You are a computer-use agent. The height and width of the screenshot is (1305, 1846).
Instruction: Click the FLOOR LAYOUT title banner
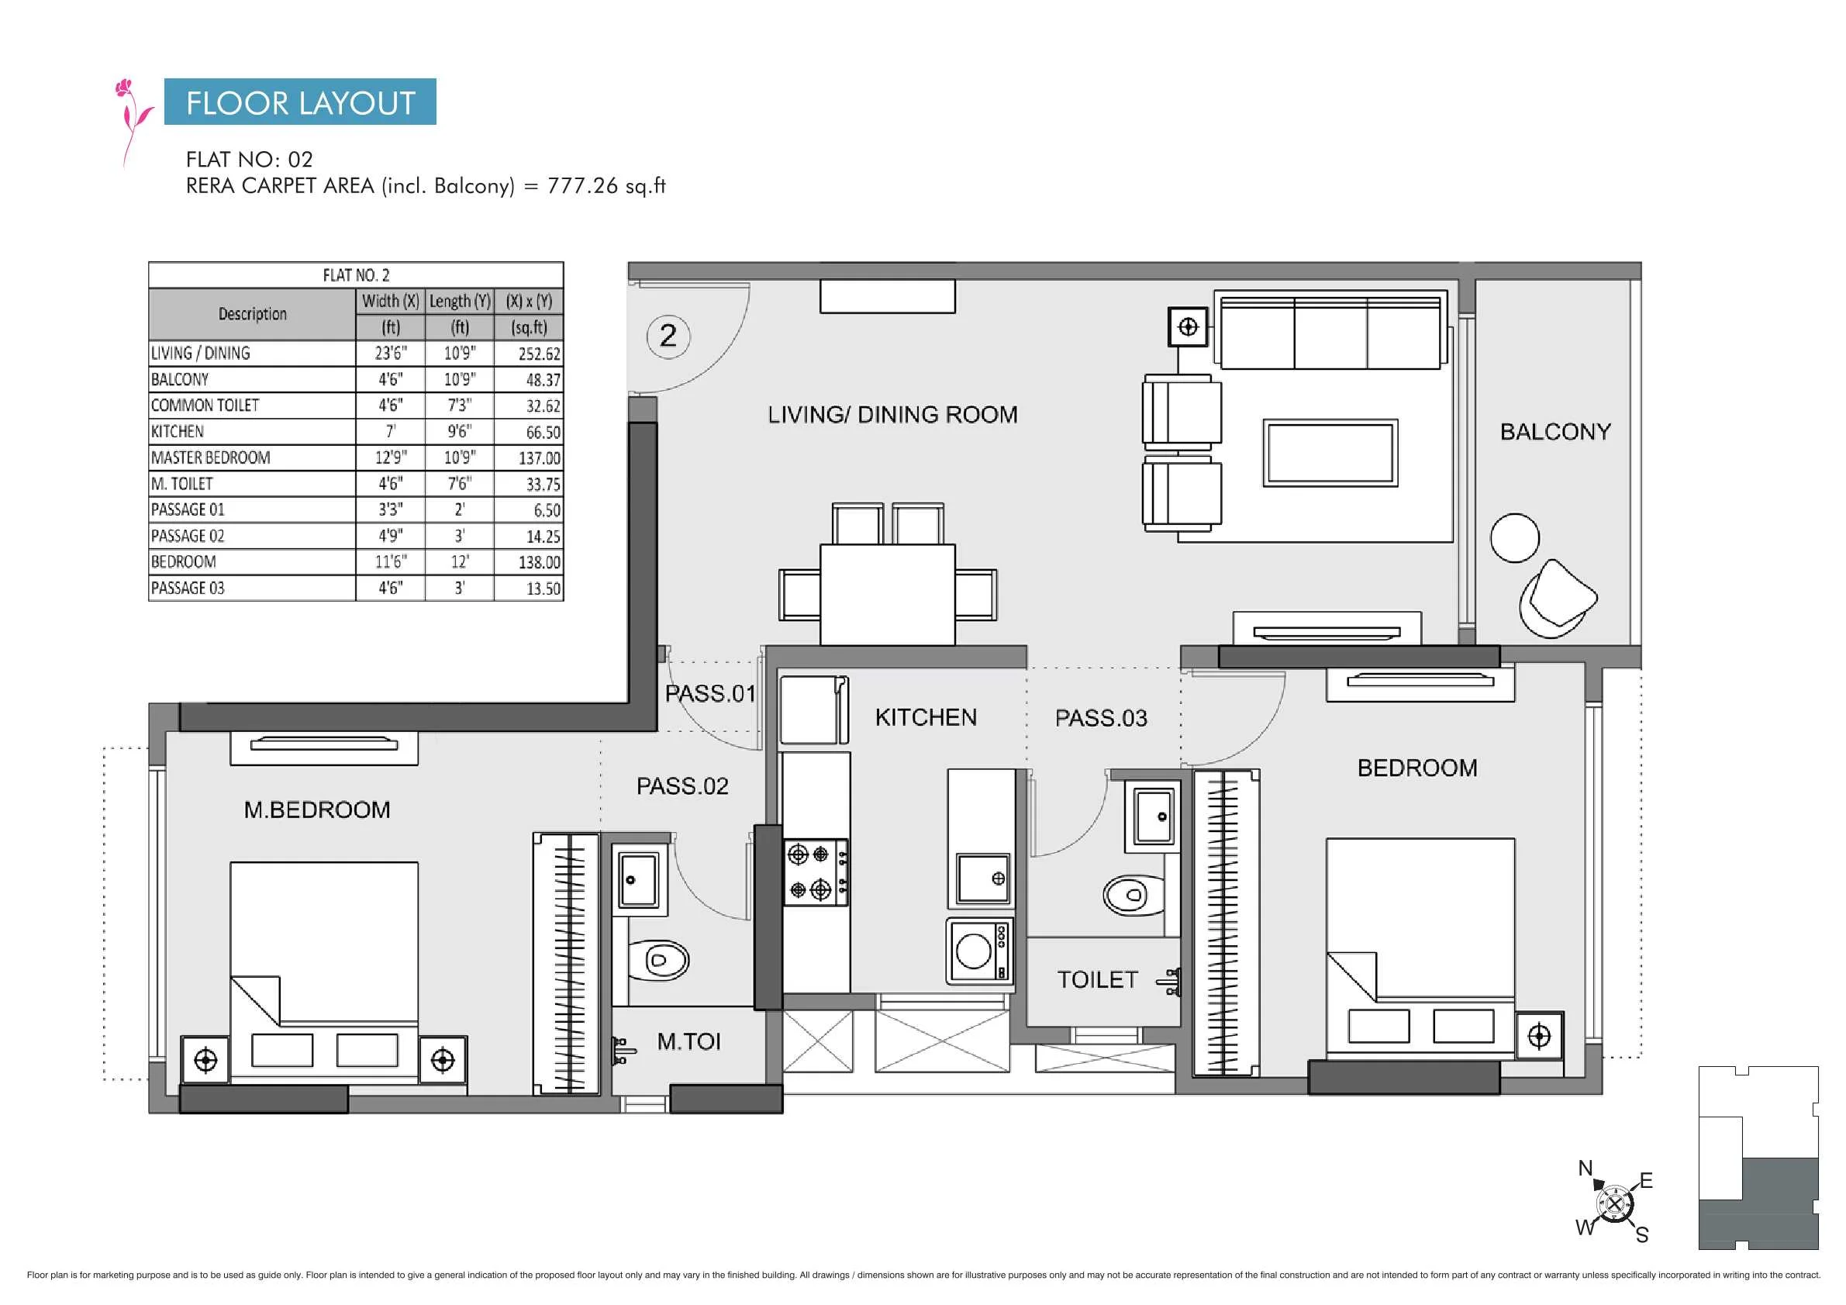(x=300, y=102)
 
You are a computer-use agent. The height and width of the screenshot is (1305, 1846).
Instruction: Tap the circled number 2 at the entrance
(x=668, y=335)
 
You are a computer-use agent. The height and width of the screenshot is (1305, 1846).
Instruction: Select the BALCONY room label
(x=1555, y=432)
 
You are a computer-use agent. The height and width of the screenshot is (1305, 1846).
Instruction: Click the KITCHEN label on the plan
(x=926, y=717)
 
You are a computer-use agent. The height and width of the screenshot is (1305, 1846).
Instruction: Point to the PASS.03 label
(x=1101, y=718)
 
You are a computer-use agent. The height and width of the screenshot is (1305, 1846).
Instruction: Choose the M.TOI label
(x=688, y=1042)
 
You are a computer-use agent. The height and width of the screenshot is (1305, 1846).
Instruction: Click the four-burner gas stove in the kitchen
(x=816, y=872)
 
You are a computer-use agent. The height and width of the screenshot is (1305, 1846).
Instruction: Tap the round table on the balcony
(x=1515, y=538)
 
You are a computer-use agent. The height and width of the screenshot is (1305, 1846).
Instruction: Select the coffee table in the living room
(x=1330, y=453)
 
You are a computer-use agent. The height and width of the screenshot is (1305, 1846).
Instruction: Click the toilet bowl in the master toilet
(x=658, y=960)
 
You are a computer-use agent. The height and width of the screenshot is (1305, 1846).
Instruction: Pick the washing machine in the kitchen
(x=979, y=951)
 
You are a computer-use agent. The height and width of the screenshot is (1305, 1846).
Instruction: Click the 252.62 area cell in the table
(x=539, y=354)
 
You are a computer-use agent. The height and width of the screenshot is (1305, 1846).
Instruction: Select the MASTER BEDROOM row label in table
(x=211, y=457)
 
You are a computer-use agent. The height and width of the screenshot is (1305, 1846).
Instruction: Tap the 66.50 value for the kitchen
(x=543, y=432)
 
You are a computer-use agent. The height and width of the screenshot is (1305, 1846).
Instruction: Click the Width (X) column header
(x=390, y=301)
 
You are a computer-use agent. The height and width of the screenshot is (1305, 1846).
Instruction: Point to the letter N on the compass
(x=1585, y=1168)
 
